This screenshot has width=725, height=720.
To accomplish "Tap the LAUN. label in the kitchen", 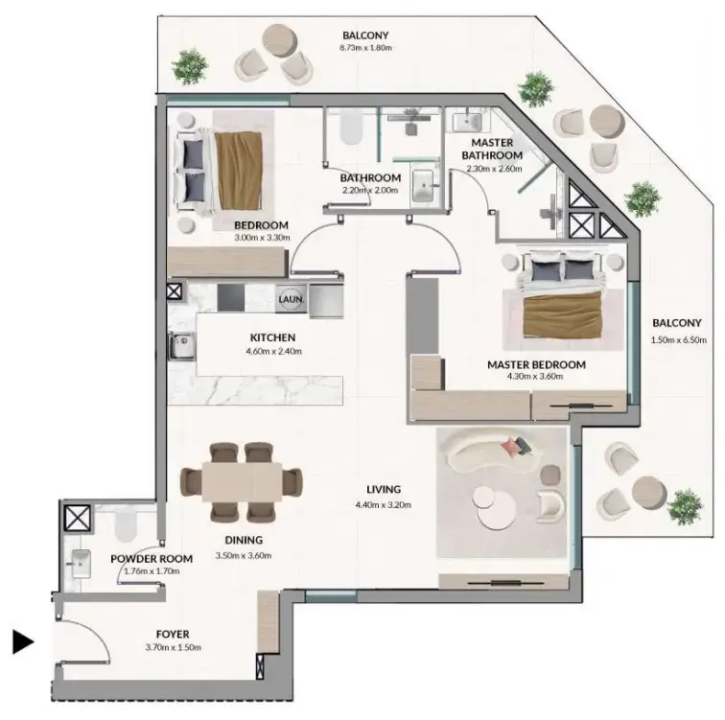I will pyautogui.click(x=291, y=299).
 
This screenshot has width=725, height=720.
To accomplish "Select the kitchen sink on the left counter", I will pyautogui.click(x=179, y=345).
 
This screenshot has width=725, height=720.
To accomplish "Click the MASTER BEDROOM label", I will pyautogui.click(x=536, y=364).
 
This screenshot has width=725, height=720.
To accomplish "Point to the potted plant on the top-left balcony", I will pyautogui.click(x=193, y=65).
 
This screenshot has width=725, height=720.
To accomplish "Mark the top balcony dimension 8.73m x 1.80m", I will pyautogui.click(x=364, y=47).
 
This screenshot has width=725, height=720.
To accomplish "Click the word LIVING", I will pyautogui.click(x=376, y=489).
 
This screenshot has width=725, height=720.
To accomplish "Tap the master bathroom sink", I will pyautogui.click(x=471, y=123).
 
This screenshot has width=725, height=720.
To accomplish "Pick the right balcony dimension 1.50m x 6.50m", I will pyautogui.click(x=677, y=339).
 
